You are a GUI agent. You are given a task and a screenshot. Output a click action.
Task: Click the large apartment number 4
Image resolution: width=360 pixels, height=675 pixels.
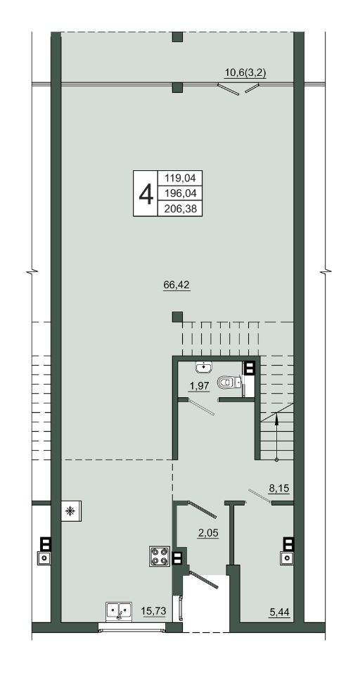(x=146, y=193)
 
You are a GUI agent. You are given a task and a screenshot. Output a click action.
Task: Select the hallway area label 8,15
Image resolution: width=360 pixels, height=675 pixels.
(x=278, y=489)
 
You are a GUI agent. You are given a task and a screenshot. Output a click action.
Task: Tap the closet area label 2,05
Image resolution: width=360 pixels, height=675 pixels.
(x=208, y=533)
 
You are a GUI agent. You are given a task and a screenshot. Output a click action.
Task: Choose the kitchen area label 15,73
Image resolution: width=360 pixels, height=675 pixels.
(x=153, y=610)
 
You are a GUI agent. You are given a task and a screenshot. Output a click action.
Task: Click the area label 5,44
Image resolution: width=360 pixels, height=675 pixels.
(x=279, y=610)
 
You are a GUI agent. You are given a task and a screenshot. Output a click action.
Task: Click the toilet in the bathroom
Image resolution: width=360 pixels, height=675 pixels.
(x=229, y=382)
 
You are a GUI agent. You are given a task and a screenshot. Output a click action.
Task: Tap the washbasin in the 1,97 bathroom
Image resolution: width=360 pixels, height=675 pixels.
(x=204, y=367)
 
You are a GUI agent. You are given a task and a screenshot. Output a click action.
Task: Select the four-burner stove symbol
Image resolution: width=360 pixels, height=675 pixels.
(x=160, y=555)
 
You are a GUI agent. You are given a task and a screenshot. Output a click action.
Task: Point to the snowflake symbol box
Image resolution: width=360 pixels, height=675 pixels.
(x=71, y=511)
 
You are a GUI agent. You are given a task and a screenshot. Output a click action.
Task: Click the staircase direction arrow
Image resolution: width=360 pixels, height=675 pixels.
(x=276, y=437)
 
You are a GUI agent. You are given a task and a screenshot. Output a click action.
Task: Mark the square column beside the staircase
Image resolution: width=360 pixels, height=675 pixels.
(x=177, y=317)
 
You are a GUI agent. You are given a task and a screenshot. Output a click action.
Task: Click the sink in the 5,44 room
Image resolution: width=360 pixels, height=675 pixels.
(x=286, y=558)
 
